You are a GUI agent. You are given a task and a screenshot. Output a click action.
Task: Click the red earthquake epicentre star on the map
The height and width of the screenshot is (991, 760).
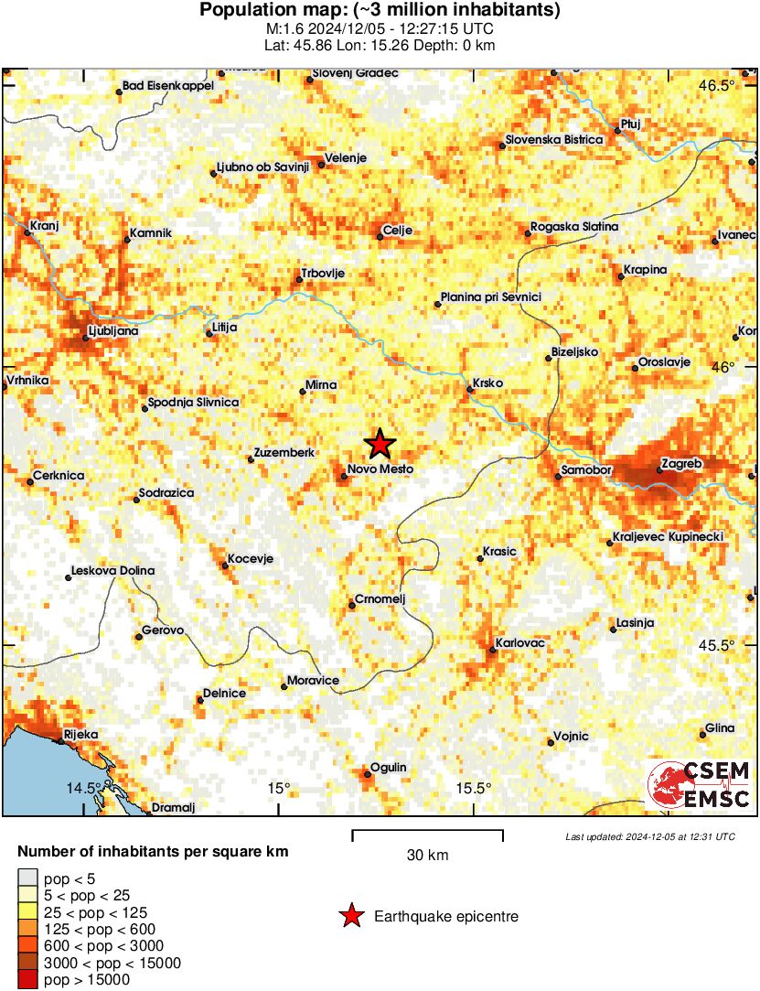[380, 445]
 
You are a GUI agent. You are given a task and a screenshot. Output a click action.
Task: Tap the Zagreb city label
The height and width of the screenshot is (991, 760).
[680, 464]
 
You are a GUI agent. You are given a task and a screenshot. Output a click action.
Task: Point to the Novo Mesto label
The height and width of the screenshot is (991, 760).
[380, 469]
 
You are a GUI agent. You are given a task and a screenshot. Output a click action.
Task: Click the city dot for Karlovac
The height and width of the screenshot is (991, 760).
[492, 651]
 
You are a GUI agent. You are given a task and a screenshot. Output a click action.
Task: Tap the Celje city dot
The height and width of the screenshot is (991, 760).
[380, 238]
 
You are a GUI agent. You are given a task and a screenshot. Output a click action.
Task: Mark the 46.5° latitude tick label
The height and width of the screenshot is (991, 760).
[716, 86]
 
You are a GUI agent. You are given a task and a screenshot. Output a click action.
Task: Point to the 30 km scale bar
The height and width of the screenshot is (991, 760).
[427, 832]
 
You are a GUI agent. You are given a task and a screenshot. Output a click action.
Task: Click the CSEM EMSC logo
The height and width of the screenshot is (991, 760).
[699, 785]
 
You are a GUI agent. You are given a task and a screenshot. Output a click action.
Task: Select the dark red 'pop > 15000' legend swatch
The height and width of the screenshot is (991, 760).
[27, 980]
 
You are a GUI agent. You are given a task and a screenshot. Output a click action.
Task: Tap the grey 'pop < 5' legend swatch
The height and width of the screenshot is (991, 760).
[27, 878]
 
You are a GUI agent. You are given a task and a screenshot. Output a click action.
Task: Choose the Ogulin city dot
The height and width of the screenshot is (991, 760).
[367, 775]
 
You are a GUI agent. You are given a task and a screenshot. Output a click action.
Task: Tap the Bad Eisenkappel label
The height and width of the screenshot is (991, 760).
[168, 86]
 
